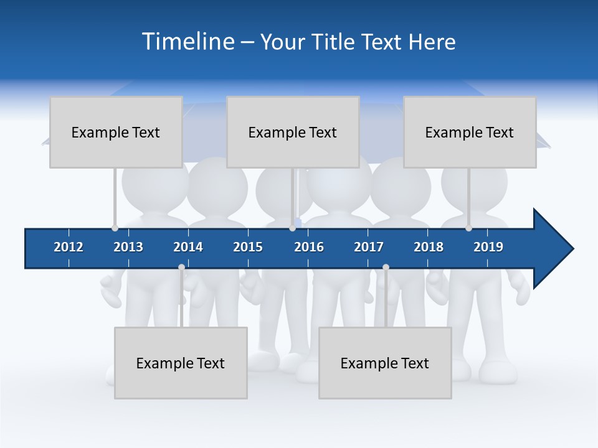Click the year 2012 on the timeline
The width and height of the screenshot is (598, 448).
tap(69, 247)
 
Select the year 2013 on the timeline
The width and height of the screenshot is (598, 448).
tap(128, 247)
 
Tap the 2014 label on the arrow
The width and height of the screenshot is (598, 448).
tap(188, 247)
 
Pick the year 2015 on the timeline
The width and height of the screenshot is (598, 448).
tap(248, 247)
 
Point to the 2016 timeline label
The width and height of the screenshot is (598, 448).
tap(309, 247)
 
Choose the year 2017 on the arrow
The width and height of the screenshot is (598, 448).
tap(369, 247)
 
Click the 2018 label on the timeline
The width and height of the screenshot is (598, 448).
tap(429, 247)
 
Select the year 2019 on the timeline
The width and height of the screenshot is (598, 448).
tap(488, 247)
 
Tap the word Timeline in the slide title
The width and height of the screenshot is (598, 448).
tap(187, 42)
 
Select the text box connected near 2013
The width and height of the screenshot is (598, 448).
tap(116, 132)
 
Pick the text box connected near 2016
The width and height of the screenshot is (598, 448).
tap(293, 132)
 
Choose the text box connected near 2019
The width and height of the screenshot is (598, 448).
tap(470, 132)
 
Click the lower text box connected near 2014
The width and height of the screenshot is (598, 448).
tap(181, 363)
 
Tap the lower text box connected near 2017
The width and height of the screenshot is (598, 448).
tap(385, 363)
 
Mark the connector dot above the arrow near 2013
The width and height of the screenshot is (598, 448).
tap(115, 228)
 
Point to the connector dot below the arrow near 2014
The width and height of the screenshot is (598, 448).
tap(181, 268)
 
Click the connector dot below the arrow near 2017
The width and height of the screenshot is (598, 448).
tap(386, 268)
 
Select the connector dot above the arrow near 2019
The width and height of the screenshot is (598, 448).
tap(468, 228)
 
